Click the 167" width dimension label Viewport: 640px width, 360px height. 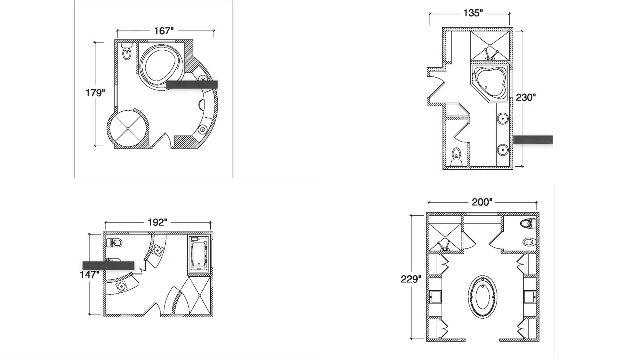[164, 31]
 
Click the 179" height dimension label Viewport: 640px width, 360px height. [95, 93]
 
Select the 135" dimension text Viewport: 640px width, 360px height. [473, 13]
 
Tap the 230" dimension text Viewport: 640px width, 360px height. [526, 97]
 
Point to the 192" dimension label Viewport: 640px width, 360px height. [157, 222]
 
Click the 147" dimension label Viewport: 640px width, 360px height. [90, 275]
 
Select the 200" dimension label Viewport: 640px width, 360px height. [482, 202]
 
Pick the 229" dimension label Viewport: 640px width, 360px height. [411, 279]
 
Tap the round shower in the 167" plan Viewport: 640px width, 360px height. [127, 129]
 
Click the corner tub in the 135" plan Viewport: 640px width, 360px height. [489, 83]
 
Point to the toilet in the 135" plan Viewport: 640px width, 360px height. [456, 158]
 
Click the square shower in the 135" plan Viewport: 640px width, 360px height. [490, 46]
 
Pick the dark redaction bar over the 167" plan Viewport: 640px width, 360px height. [192, 85]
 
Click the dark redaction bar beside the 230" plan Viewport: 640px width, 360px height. [533, 140]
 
